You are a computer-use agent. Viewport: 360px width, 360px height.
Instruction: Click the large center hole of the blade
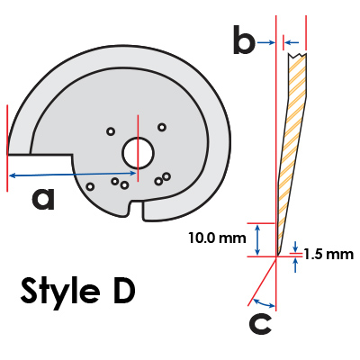point(139,153)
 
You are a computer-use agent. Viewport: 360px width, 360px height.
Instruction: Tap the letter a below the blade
point(43,199)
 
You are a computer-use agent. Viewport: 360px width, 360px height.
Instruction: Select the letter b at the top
point(244,40)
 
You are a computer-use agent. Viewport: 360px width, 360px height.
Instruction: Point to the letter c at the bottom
point(260,324)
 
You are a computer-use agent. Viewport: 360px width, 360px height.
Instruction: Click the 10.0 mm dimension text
point(217,238)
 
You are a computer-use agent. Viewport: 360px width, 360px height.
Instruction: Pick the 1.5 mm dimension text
point(328,255)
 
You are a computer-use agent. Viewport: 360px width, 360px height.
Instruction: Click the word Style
point(60,291)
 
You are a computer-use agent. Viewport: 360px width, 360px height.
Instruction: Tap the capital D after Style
point(124,291)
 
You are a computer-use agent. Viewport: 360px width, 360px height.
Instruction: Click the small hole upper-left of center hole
point(111,131)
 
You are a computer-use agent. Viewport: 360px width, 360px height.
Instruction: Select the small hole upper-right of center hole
point(162,127)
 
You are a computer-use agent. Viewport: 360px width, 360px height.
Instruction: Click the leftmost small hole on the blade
point(90,186)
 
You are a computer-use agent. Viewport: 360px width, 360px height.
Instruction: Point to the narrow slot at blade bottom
point(137,209)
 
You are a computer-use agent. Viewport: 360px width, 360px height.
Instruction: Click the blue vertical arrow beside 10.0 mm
point(257,240)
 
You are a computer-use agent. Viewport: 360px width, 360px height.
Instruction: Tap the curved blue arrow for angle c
point(264,304)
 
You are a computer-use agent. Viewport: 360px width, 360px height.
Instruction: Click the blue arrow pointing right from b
point(266,43)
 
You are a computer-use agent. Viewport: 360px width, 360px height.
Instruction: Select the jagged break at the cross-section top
point(297,55)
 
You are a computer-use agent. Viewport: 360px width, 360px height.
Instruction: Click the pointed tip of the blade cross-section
point(278,255)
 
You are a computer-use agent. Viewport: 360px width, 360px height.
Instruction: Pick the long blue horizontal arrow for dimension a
point(72,175)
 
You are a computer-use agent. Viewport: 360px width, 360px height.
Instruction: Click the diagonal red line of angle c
point(262,282)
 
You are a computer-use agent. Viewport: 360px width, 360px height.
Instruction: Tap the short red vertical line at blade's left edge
point(7,148)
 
